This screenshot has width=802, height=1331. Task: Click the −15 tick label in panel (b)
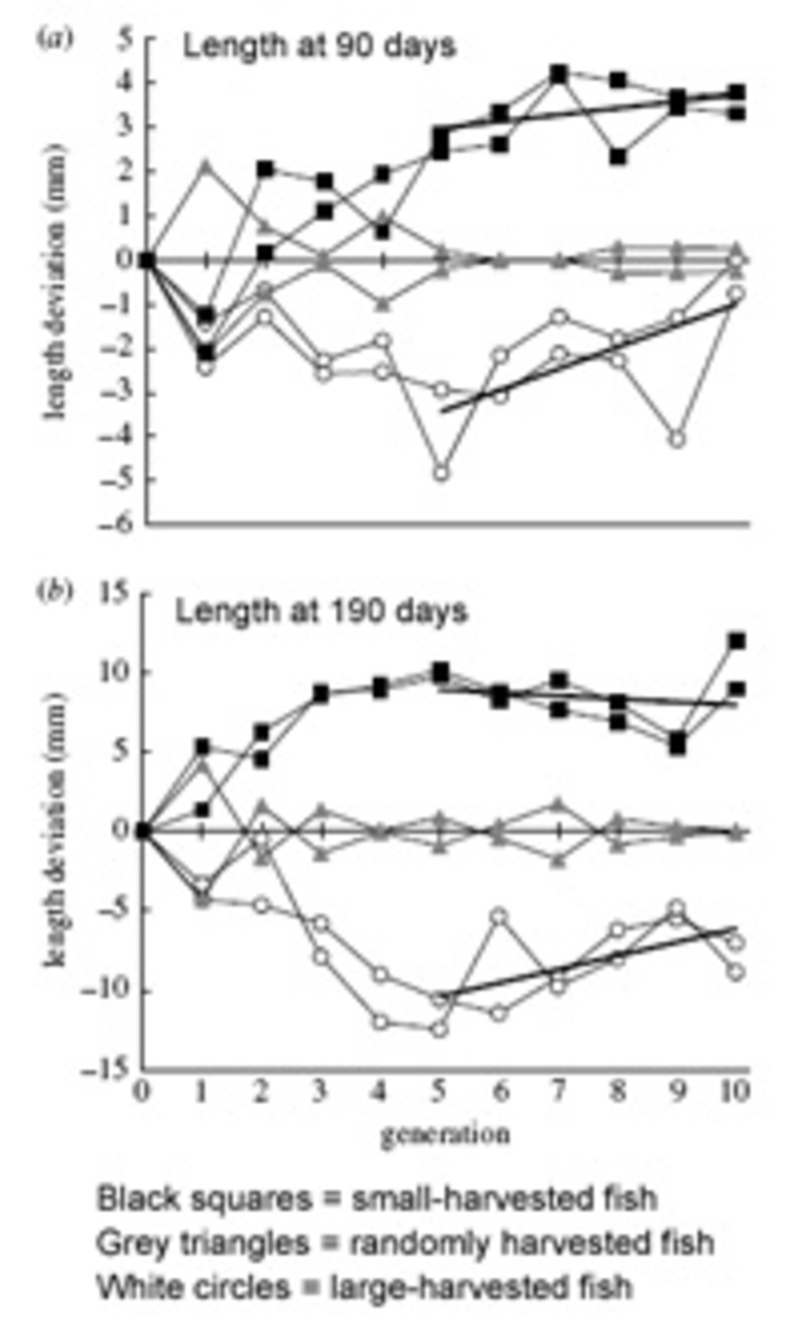[x=105, y=1068]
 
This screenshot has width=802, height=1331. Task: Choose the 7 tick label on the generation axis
[x=558, y=1092]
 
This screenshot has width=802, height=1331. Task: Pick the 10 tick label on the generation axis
[x=734, y=1092]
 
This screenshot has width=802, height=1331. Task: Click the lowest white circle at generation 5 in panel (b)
[x=440, y=1030]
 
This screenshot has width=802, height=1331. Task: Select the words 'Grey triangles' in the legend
[x=202, y=1243]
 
